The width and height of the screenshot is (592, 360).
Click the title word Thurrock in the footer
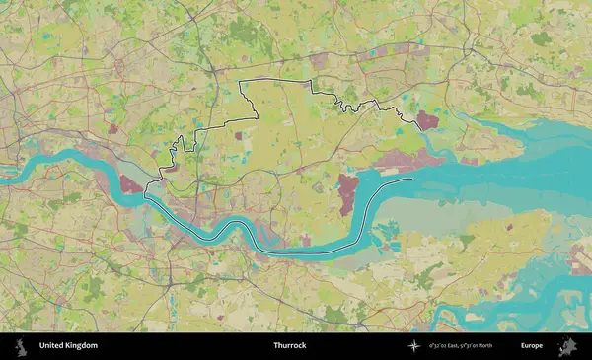[290, 346]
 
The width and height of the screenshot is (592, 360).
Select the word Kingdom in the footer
[82, 346]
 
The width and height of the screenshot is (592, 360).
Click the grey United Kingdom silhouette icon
[21, 346]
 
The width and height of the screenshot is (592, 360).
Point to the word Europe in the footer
[532, 346]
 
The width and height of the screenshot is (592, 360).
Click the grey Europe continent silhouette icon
[567, 346]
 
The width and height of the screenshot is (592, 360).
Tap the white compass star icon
[414, 346]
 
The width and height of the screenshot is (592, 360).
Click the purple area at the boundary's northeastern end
[428, 121]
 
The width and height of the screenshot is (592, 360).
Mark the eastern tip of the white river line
[412, 180]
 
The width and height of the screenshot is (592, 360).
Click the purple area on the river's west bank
[130, 183]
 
